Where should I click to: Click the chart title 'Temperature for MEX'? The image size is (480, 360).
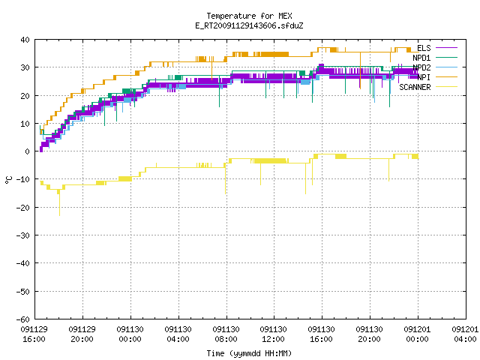click(x=249, y=16)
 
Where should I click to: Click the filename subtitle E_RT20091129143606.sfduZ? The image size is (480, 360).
click(x=249, y=25)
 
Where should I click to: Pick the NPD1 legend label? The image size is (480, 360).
click(x=421, y=58)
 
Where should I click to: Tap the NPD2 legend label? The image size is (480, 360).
click(x=421, y=67)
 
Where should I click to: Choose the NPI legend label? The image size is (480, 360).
click(x=424, y=77)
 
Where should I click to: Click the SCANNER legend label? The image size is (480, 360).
click(x=415, y=87)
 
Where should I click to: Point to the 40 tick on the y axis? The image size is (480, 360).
click(x=25, y=40)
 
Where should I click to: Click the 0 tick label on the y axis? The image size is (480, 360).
click(x=28, y=151)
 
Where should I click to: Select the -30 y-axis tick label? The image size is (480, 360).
click(x=23, y=235)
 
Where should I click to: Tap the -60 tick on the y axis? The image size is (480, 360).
click(x=23, y=319)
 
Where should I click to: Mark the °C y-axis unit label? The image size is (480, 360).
click(x=8, y=180)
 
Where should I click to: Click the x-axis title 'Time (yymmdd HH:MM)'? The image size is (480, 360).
click(x=249, y=353)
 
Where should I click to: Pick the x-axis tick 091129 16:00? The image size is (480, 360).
click(x=34, y=334)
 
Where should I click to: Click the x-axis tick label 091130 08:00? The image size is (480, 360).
click(x=226, y=334)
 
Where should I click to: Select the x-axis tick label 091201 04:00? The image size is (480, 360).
click(x=465, y=334)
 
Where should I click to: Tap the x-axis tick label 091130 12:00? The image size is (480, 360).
click(x=273, y=334)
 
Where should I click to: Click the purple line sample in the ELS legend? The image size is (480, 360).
click(x=447, y=48)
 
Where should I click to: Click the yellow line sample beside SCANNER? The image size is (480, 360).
click(x=447, y=87)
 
